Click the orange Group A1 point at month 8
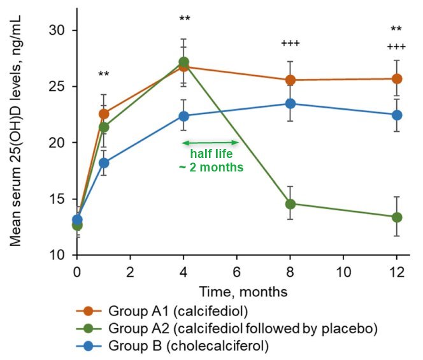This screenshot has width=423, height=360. click(290, 80)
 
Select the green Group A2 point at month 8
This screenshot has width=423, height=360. click(290, 204)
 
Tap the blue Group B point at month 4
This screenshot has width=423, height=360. click(183, 116)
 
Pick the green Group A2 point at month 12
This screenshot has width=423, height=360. click(396, 217)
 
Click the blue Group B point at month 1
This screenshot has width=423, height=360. click(104, 162)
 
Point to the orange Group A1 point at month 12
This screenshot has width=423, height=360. click(396, 79)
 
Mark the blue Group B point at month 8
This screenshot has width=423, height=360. click(290, 103)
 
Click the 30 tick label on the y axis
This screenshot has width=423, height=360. click(59, 31)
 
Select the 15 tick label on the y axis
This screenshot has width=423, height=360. click(59, 199)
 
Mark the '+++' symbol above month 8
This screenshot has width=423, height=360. click(290, 43)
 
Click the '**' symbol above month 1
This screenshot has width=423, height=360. click(104, 75)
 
